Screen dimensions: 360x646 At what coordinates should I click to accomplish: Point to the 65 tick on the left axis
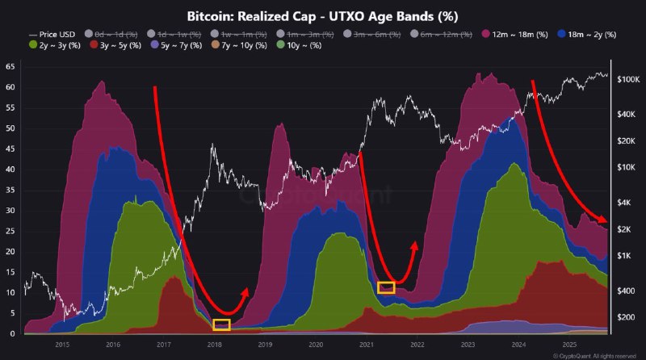tap(10, 67)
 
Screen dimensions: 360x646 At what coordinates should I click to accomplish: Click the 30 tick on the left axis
tap(10, 211)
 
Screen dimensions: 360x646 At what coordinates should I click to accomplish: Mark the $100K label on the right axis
tap(628, 80)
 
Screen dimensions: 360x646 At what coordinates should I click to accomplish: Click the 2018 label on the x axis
tap(214, 345)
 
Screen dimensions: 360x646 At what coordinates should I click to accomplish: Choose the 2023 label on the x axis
tap(469, 345)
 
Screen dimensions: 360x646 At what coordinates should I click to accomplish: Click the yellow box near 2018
tap(221, 324)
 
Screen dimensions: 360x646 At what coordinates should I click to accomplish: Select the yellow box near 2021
tap(386, 287)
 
